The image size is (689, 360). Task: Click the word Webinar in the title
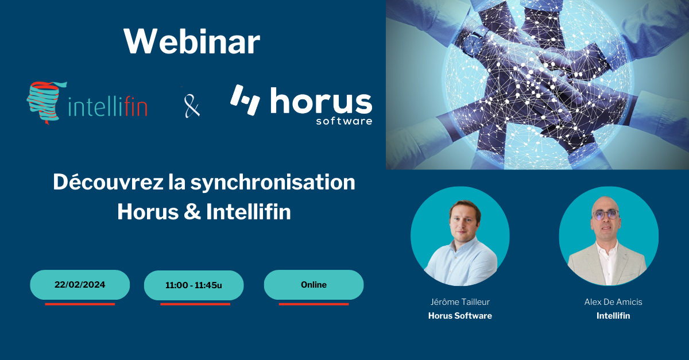pyautogui.click(x=192, y=41)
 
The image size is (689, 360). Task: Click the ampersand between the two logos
pyautogui.click(x=192, y=106)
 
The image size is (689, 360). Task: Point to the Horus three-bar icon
pyautogui.click(x=245, y=100)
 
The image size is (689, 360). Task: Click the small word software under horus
pyautogui.click(x=344, y=121)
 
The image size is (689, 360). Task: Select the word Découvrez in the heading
pyautogui.click(x=109, y=182)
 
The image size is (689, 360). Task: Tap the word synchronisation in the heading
pyautogui.click(x=273, y=183)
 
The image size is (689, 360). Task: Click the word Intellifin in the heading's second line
pyautogui.click(x=249, y=212)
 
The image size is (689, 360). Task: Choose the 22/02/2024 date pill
pyautogui.click(x=80, y=285)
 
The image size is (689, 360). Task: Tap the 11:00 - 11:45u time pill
pyautogui.click(x=194, y=285)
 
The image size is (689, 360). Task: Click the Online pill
pyautogui.click(x=313, y=285)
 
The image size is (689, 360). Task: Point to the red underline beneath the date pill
pyautogui.click(x=80, y=304)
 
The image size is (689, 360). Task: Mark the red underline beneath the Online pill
pyautogui.click(x=313, y=304)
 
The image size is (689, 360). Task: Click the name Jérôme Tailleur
pyautogui.click(x=460, y=302)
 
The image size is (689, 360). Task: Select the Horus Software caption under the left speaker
pyautogui.click(x=460, y=316)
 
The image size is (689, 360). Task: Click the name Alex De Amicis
pyautogui.click(x=613, y=302)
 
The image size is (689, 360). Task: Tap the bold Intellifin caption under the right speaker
pyautogui.click(x=613, y=316)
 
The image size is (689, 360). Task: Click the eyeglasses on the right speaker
pyautogui.click(x=605, y=215)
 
